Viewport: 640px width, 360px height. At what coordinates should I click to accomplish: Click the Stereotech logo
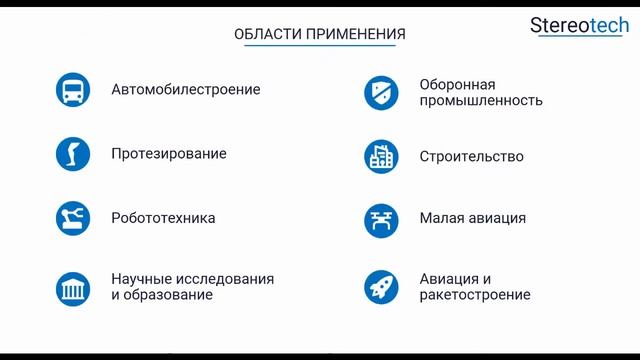(579, 26)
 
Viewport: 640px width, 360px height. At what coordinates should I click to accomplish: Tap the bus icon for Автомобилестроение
(73, 89)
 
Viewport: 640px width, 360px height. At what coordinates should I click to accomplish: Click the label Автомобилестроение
(186, 89)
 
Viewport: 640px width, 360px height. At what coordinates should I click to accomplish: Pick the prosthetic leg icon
(73, 154)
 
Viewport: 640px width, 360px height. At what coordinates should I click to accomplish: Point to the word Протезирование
(169, 154)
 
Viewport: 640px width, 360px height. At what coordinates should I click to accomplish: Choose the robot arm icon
(73, 218)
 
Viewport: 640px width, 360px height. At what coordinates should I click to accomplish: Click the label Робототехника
(163, 218)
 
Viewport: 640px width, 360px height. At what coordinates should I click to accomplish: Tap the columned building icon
(73, 287)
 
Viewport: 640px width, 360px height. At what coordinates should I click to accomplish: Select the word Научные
(141, 279)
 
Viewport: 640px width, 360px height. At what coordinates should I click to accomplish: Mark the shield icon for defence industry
(381, 92)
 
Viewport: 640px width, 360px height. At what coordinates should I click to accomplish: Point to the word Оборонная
(458, 84)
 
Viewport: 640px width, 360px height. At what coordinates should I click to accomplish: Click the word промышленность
(482, 100)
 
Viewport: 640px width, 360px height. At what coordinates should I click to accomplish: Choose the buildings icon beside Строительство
(381, 156)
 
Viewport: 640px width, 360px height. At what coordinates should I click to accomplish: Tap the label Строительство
(472, 156)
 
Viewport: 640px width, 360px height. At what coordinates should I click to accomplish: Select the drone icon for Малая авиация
(381, 218)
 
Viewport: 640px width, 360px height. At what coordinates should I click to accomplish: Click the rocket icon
(381, 287)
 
